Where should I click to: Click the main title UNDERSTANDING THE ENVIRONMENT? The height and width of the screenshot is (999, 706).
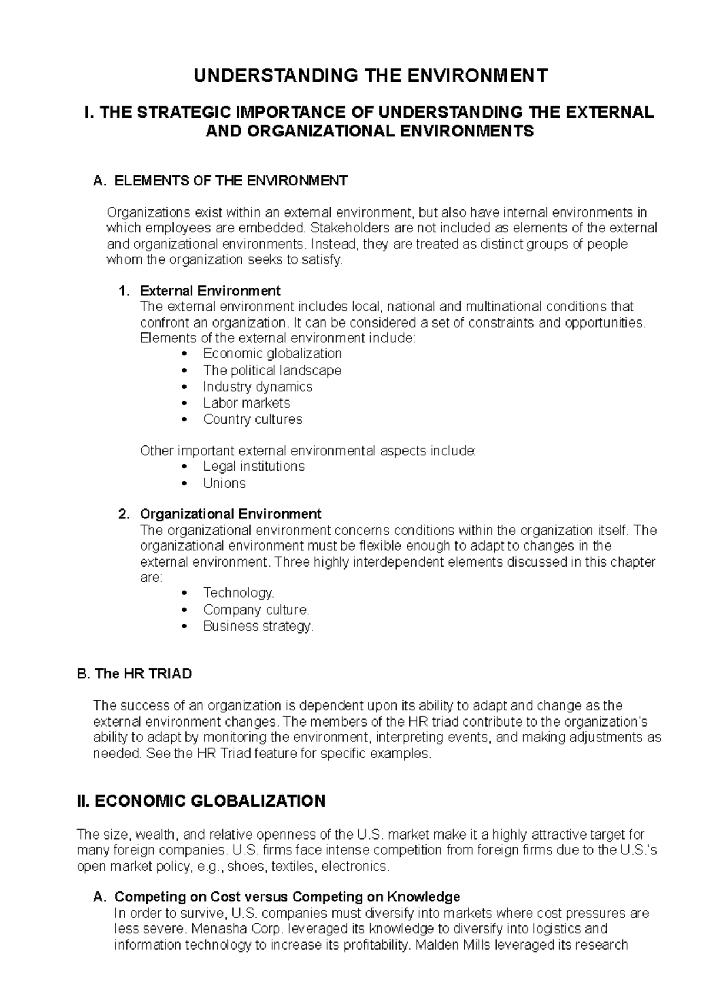click(371, 75)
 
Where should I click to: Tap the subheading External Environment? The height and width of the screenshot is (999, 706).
click(209, 291)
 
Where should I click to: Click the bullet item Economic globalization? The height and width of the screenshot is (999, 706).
click(272, 354)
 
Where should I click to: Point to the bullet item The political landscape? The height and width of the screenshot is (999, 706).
click(272, 370)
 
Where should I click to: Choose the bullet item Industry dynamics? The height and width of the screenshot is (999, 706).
click(257, 387)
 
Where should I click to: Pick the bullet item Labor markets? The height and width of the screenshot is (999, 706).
click(247, 403)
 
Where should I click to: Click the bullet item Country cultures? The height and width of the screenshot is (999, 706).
click(252, 419)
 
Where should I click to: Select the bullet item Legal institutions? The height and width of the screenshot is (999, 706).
click(254, 467)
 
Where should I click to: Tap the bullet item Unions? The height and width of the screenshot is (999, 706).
click(224, 483)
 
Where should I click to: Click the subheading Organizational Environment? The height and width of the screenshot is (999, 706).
click(230, 514)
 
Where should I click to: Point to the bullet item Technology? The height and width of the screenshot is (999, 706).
click(238, 593)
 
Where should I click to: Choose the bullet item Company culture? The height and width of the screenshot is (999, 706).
click(256, 610)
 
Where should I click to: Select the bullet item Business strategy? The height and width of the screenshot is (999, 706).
click(258, 626)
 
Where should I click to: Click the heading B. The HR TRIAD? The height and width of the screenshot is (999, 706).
click(135, 674)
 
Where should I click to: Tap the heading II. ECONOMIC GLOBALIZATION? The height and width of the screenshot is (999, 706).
click(201, 801)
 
